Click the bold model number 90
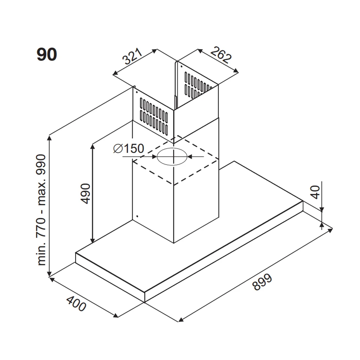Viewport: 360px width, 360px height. pyautogui.click(x=47, y=54)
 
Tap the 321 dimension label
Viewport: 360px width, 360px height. pyautogui.click(x=132, y=57)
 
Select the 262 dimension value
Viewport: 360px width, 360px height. pyautogui.click(x=221, y=55)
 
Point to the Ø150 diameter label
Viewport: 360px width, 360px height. pyautogui.click(x=129, y=148)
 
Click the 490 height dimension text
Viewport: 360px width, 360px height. pyautogui.click(x=86, y=193)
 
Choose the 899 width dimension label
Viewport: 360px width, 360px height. pyautogui.click(x=262, y=282)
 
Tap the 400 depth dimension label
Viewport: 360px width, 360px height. pyautogui.click(x=76, y=304)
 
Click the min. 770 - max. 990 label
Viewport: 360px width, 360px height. pyautogui.click(x=41, y=210)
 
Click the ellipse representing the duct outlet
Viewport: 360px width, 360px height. pyautogui.click(x=172, y=157)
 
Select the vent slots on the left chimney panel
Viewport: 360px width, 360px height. pyautogui.click(x=154, y=116)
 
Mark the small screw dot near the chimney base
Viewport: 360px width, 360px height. pyautogui.click(x=137, y=216)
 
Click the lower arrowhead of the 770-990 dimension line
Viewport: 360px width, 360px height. pyautogui.click(x=49, y=274)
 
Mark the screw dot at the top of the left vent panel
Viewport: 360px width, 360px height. pyautogui.click(x=137, y=92)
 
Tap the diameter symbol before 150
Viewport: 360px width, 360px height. pyautogui.click(x=118, y=149)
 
